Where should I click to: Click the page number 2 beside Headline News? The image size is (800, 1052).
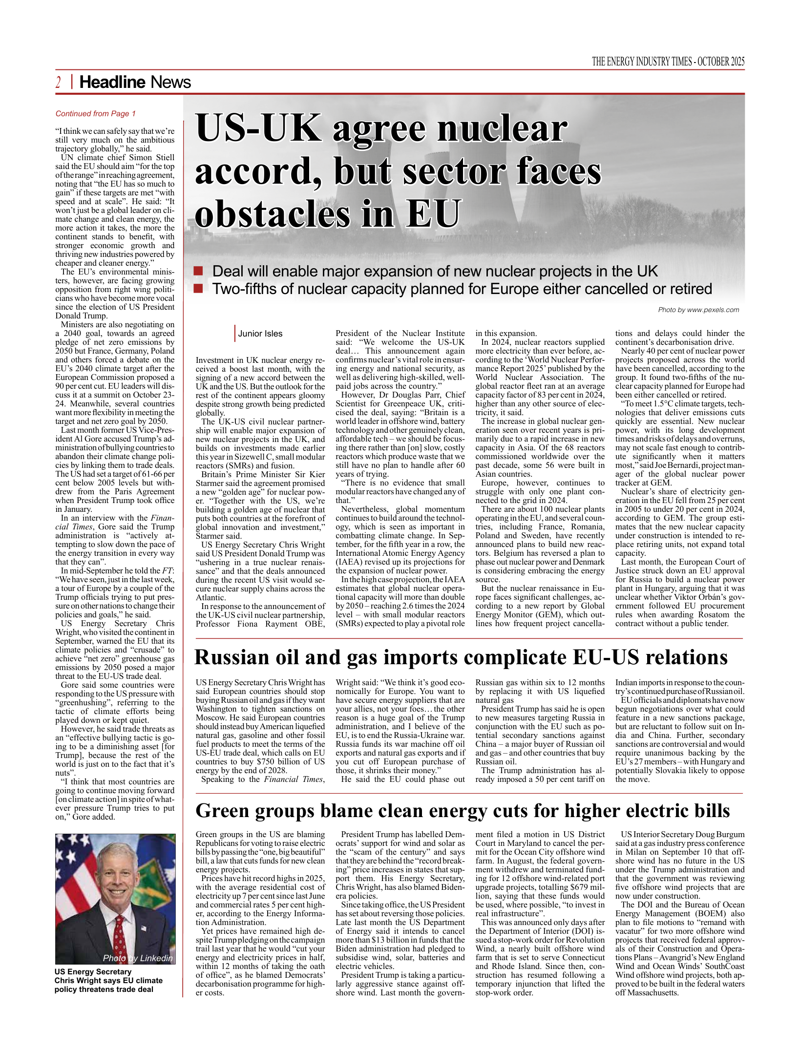[59, 83]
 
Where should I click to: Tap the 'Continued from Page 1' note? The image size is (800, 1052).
[95, 114]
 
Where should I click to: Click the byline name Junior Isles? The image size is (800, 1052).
[260, 334]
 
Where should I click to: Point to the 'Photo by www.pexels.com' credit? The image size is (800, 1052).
[698, 310]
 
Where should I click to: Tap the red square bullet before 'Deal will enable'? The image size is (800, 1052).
[198, 271]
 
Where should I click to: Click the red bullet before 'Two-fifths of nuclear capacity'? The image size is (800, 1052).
[198, 289]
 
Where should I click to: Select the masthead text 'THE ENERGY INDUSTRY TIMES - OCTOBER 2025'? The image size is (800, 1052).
[668, 62]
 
